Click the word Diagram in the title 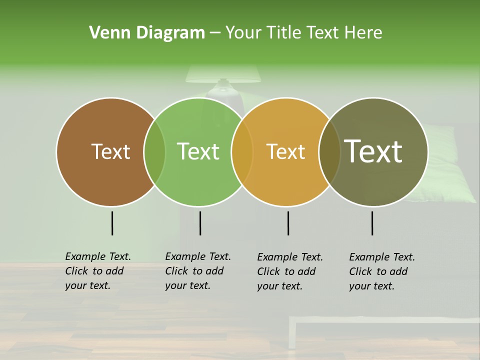click(x=164, y=33)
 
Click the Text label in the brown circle click(x=110, y=151)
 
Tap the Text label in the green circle click(x=198, y=151)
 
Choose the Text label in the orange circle click(x=285, y=151)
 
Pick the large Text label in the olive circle click(x=373, y=151)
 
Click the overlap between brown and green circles click(x=154, y=151)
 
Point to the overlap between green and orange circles click(x=242, y=151)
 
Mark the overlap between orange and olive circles click(x=329, y=151)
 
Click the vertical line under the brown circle click(x=112, y=223)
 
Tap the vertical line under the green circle click(x=200, y=223)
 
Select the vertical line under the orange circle click(x=288, y=223)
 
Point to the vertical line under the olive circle click(x=372, y=223)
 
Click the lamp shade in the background click(x=223, y=74)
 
